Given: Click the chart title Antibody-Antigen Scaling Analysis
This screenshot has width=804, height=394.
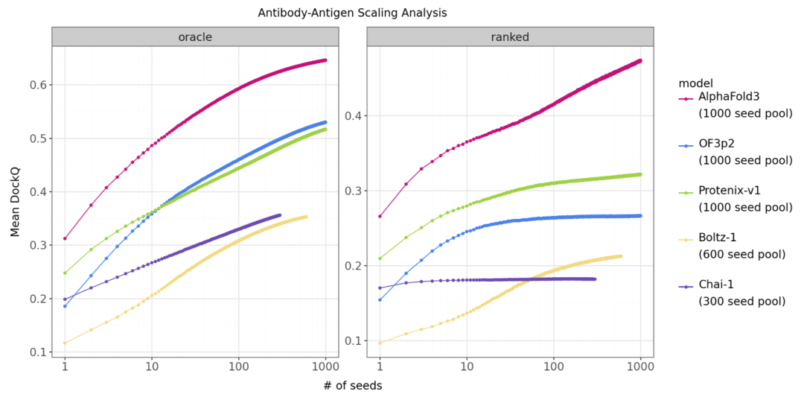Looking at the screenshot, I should click(x=352, y=13).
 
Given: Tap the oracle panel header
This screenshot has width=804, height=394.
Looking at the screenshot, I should click(x=195, y=36).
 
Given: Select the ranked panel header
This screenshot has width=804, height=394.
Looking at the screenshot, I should click(x=510, y=36).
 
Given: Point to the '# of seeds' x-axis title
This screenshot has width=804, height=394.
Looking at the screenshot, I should click(x=352, y=384).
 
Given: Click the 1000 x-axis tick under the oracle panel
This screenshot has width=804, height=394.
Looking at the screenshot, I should click(x=326, y=367).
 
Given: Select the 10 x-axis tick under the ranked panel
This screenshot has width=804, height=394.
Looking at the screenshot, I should click(x=467, y=367).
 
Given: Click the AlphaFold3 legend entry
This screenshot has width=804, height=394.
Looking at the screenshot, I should click(x=728, y=98).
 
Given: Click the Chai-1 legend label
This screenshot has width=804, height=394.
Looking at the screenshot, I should click(x=717, y=285).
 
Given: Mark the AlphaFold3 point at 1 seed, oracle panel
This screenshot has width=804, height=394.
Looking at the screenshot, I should click(x=65, y=238).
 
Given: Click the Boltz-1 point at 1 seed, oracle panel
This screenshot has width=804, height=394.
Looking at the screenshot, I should click(x=65, y=343).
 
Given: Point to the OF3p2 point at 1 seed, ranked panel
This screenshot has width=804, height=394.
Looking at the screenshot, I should click(x=380, y=300).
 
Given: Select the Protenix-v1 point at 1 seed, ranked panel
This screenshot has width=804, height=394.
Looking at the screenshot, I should click(x=380, y=258).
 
